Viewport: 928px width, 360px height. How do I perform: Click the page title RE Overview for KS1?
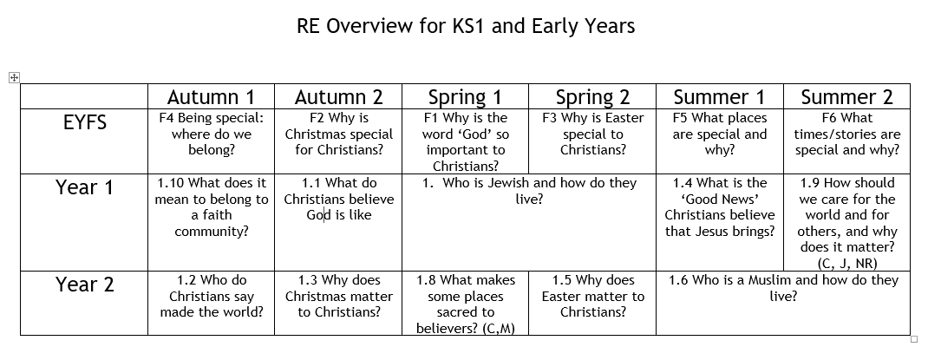[466, 26]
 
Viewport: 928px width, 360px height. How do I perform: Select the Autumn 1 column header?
[212, 97]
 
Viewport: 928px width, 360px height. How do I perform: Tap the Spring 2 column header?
[592, 97]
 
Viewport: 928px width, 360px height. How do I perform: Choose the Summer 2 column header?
[847, 97]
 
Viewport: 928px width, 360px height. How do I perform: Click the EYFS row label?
[85, 122]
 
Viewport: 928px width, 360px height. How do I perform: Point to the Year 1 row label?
[85, 187]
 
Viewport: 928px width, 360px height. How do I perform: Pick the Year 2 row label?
[85, 285]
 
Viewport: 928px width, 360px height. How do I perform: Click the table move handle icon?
[14, 77]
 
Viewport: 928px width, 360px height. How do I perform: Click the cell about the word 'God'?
[466, 142]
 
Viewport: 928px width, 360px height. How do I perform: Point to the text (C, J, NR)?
[847, 263]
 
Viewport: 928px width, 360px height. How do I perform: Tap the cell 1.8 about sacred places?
[466, 304]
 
